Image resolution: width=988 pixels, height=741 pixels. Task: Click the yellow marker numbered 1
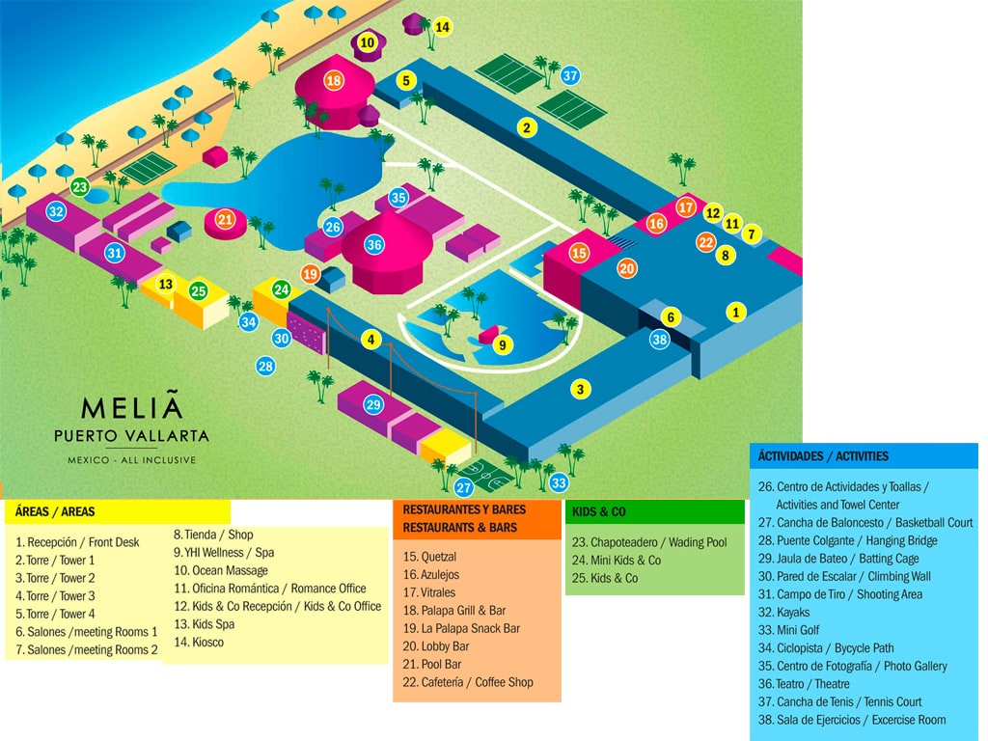pos(736,312)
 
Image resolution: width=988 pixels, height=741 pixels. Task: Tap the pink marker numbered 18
pos(334,81)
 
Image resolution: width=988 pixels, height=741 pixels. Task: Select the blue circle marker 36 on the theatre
pos(374,245)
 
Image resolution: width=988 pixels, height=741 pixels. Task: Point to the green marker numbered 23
pos(80,186)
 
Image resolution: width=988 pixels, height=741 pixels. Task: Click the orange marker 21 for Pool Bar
pos(225,220)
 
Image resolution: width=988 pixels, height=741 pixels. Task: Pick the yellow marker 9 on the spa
pos(502,344)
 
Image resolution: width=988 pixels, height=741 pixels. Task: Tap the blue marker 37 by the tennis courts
pos(570,75)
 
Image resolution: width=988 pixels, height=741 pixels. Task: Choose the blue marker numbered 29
pos(374,404)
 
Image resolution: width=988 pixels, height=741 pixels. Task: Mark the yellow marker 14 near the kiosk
pos(442,27)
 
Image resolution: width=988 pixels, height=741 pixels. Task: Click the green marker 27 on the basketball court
pos(464,487)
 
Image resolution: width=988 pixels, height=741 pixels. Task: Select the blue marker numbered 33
pos(559,482)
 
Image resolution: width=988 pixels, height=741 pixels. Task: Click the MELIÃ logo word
pos(131,408)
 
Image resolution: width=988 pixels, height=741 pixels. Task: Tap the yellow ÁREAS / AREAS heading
pos(56,511)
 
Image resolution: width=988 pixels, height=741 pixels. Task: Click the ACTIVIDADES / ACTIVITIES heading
pos(823,455)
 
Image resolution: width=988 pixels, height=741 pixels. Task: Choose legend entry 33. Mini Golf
pos(799,630)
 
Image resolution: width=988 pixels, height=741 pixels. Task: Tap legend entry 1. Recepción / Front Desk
pos(77,542)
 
